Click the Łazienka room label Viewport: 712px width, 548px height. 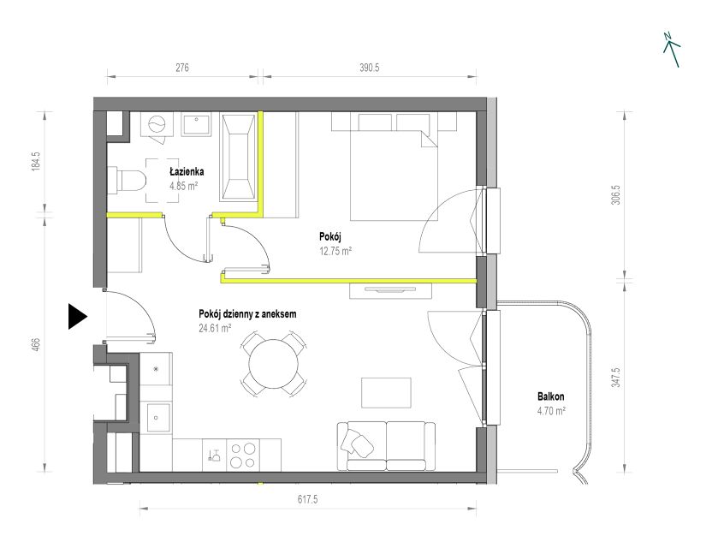tap(187, 172)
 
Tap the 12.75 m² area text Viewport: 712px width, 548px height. tap(336, 251)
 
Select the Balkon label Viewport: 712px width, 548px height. tap(551, 396)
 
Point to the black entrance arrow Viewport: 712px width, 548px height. tap(78, 316)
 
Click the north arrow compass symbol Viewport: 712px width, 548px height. tap(672, 50)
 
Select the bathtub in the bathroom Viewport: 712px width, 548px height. tap(238, 157)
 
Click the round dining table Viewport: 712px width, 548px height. tap(274, 364)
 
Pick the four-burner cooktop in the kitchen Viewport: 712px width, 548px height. tap(243, 456)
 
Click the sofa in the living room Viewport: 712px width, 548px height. tap(386, 446)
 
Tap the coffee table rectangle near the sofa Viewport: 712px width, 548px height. tap(387, 393)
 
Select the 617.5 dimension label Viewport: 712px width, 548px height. tap(308, 499)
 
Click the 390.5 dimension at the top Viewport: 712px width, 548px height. tap(370, 68)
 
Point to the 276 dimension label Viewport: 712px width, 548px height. tap(182, 68)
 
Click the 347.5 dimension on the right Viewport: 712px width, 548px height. tap(616, 378)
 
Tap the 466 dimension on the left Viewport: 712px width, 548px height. tap(37, 344)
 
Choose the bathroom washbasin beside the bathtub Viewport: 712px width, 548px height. tap(196, 124)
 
